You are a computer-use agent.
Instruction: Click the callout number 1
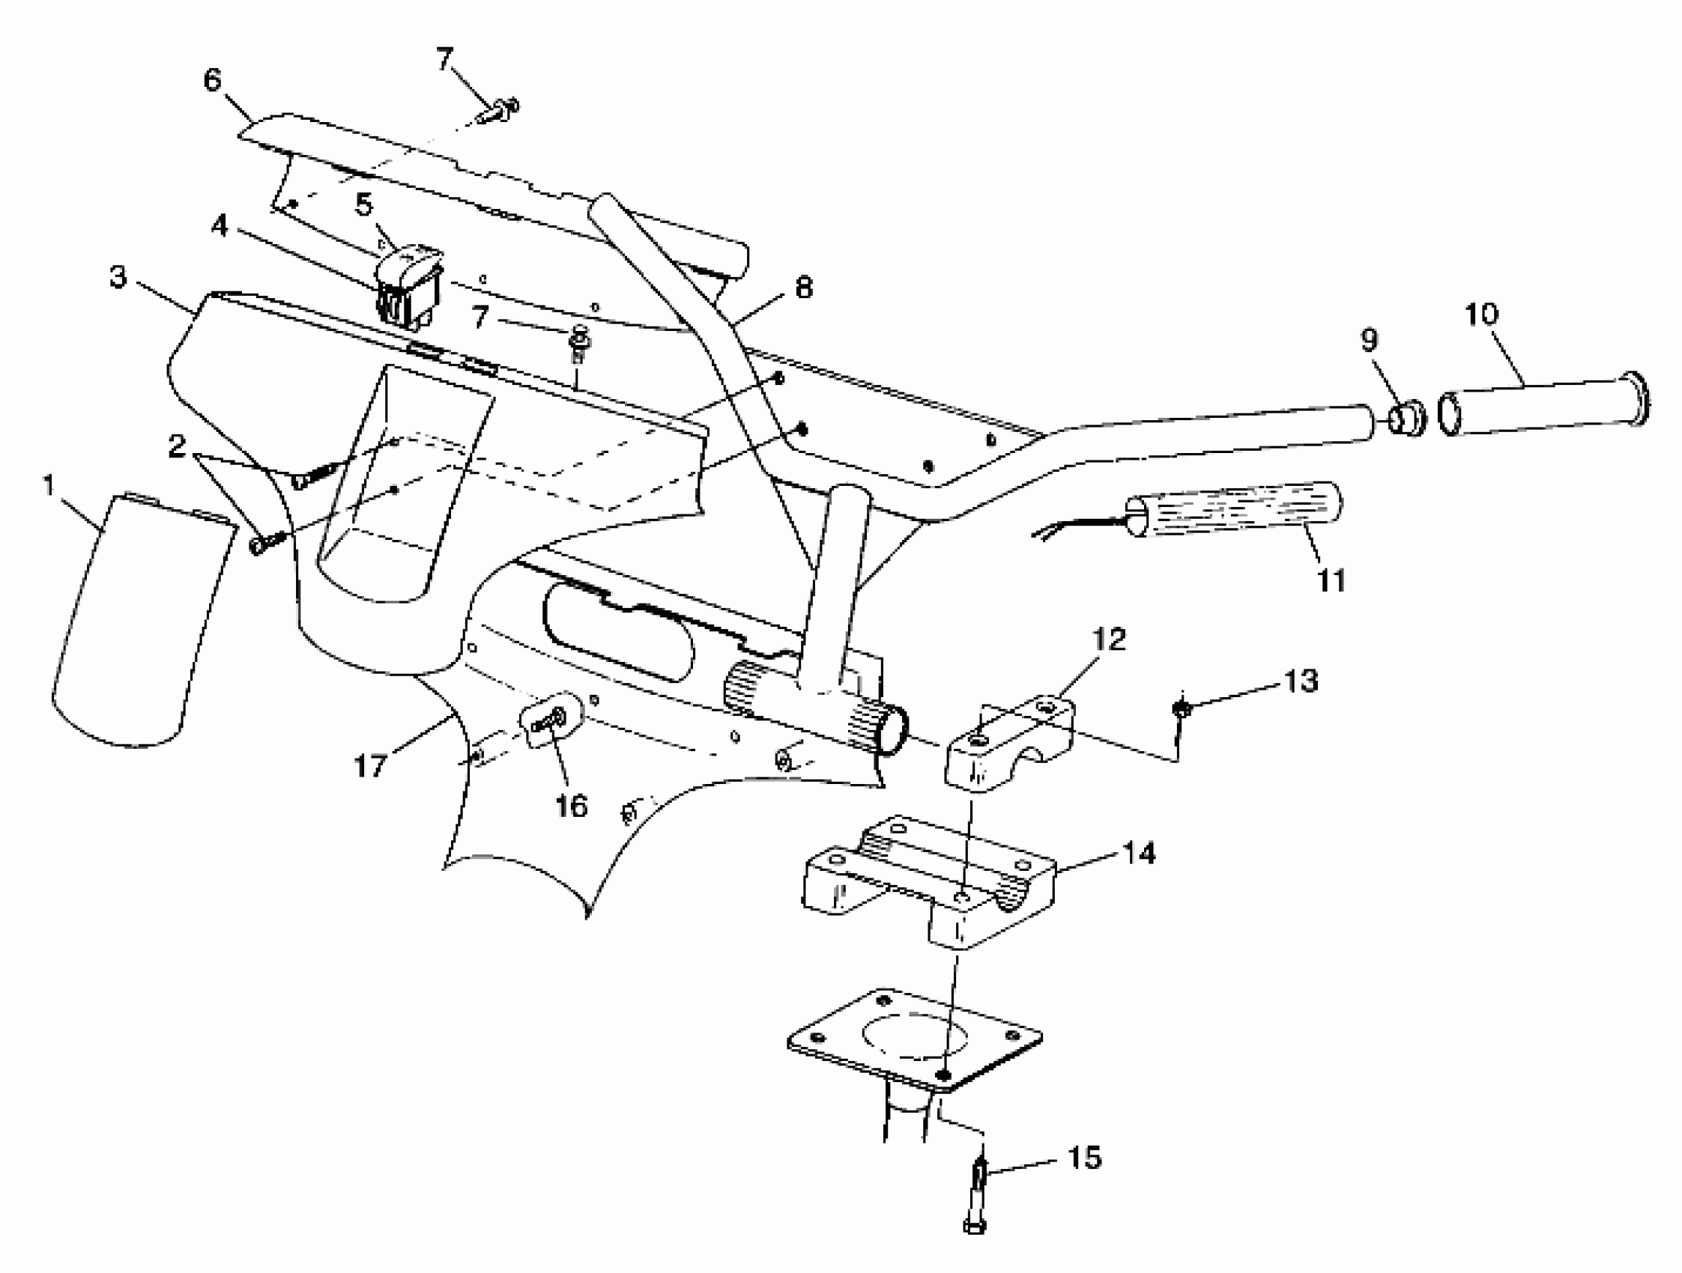[49, 486]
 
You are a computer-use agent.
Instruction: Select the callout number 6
[212, 80]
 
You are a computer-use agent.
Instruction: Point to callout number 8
[803, 288]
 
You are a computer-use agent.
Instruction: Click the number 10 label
[1480, 314]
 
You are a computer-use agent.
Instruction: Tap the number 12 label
[1109, 640]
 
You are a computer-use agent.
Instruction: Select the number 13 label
[1301, 681]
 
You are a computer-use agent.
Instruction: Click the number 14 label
[1138, 854]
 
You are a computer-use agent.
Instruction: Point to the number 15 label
[1084, 1158]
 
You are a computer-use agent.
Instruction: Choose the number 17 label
[370, 765]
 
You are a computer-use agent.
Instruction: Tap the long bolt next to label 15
[977, 1201]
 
